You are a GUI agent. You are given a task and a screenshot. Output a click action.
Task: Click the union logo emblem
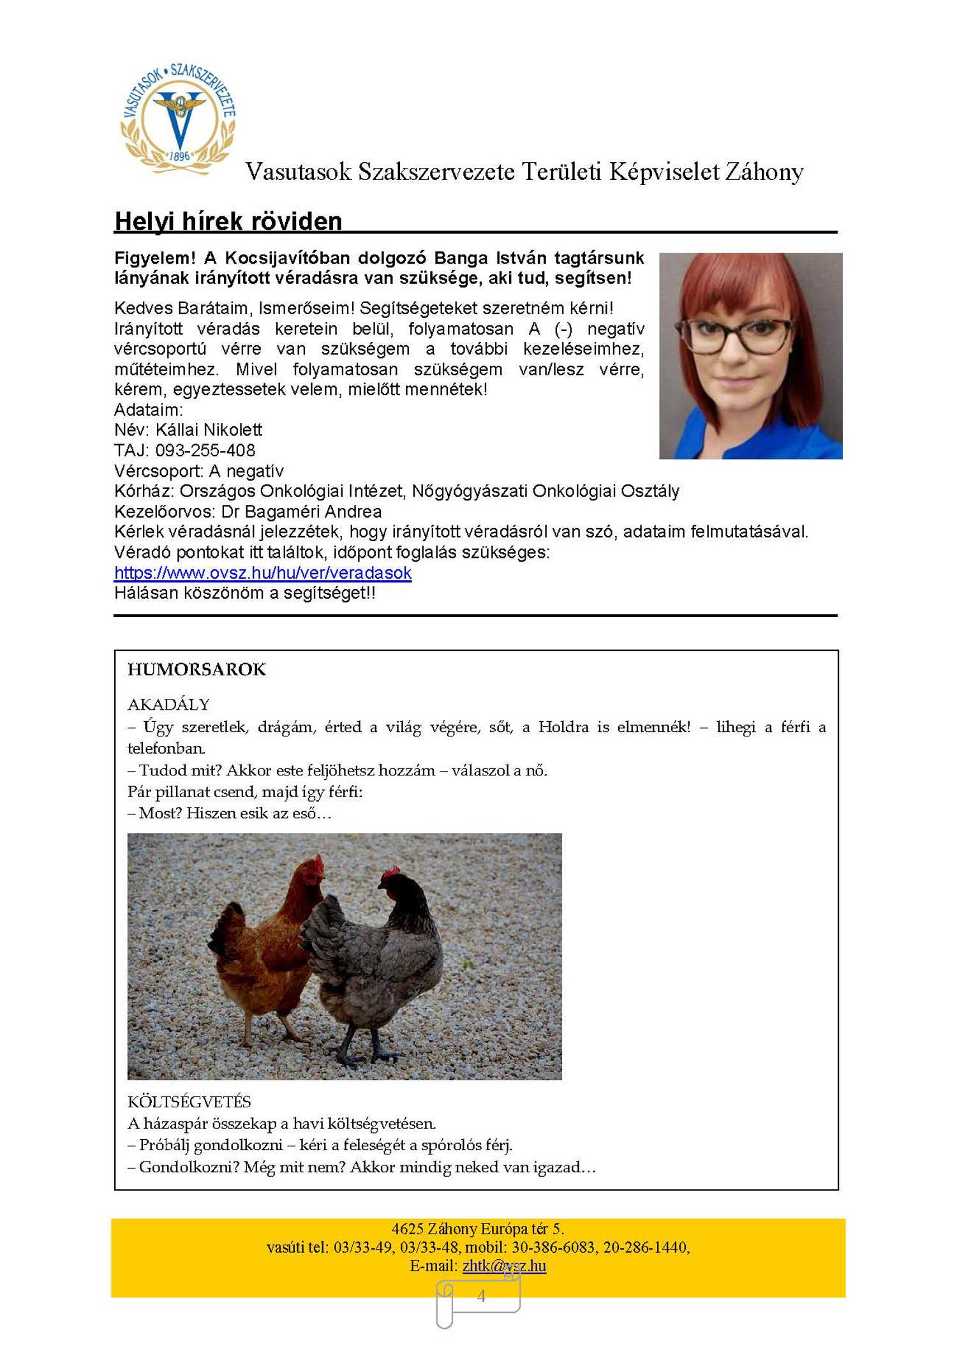click(x=179, y=118)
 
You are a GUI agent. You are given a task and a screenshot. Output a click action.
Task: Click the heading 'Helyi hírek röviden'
click(x=228, y=221)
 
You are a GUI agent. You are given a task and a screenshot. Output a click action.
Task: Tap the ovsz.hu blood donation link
click(x=263, y=572)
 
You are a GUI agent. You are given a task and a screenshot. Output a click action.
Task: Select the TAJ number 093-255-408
click(x=205, y=451)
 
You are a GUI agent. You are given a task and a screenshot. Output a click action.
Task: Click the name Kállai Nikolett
click(x=209, y=430)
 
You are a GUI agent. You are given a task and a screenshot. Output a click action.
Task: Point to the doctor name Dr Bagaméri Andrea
click(x=301, y=512)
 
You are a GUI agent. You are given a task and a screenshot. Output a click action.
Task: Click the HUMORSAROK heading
click(x=197, y=669)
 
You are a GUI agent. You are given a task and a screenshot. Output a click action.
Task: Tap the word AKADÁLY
click(x=168, y=705)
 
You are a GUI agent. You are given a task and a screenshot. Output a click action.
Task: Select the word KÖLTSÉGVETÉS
click(x=189, y=1102)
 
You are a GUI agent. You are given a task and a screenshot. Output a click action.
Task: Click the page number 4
click(x=481, y=1296)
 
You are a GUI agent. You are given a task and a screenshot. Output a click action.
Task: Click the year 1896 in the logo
click(x=179, y=156)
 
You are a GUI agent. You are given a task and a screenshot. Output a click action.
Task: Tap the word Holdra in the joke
click(x=563, y=727)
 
